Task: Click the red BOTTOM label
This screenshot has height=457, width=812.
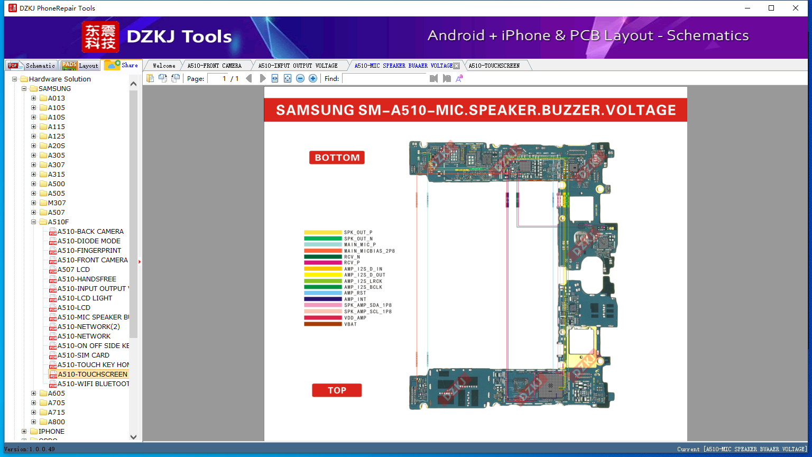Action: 337,158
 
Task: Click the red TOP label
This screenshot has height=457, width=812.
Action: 337,390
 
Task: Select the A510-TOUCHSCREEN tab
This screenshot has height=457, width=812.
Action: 494,66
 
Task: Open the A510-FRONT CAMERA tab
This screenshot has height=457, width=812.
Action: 214,66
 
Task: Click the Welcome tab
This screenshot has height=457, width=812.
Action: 164,66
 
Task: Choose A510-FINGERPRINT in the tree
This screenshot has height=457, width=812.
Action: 89,251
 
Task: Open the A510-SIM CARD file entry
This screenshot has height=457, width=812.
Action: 84,355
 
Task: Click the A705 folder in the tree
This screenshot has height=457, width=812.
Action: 56,403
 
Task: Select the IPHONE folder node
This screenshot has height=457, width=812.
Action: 51,432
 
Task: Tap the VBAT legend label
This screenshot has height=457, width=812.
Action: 350,324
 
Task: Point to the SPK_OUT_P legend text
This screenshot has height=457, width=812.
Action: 358,232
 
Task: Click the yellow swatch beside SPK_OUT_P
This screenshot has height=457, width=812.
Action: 322,232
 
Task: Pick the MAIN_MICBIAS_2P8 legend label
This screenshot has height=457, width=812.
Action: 369,251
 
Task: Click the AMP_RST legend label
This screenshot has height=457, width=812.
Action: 355,293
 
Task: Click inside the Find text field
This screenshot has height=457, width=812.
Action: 384,78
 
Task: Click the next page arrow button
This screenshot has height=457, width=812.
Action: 263,78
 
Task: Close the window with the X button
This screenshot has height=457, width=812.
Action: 795,8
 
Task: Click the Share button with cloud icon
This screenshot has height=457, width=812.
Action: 122,65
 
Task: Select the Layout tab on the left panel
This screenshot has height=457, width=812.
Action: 80,66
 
